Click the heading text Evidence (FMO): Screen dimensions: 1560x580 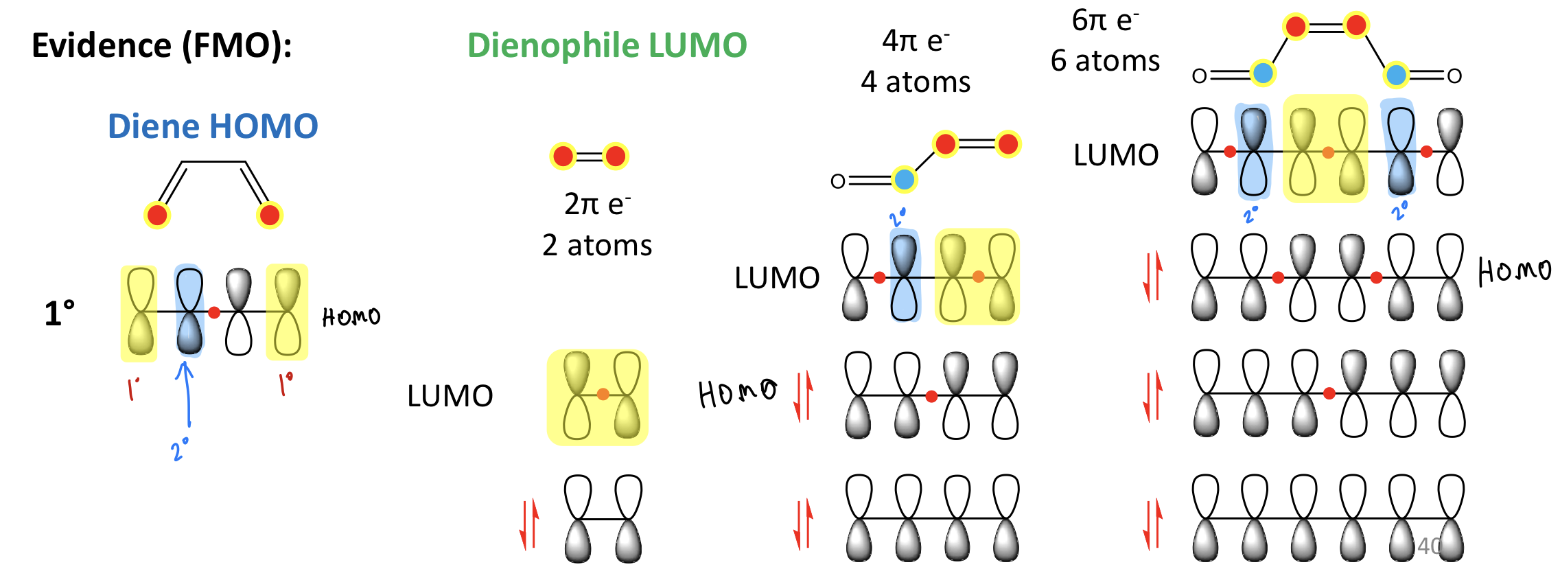click(162, 47)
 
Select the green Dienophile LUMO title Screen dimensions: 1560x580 click(607, 46)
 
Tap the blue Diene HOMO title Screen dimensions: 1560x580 click(213, 126)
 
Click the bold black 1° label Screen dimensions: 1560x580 click(60, 314)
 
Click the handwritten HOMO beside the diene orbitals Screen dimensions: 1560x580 click(351, 317)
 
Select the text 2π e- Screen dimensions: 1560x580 click(597, 204)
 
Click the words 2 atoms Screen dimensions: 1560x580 click(597, 245)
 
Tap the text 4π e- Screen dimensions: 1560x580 click(916, 41)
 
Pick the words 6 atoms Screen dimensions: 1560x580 click(1105, 61)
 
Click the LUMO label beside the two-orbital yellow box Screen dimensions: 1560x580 click(450, 396)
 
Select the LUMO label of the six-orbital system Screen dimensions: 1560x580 click(1116, 155)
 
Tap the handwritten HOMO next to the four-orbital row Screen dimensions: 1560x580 click(738, 393)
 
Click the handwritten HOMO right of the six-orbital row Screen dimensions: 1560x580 click(1515, 272)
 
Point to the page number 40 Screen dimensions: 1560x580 click(1430, 546)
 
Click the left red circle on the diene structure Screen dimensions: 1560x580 click(157, 215)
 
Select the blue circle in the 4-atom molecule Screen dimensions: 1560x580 click(905, 180)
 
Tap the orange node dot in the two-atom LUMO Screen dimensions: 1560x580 click(603, 394)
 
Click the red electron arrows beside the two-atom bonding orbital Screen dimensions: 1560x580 click(528, 525)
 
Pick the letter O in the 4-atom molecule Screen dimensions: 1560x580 click(838, 181)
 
